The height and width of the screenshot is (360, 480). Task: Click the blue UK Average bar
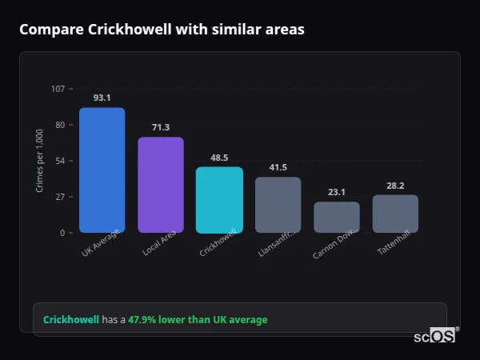102,170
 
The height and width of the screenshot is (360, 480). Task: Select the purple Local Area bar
161,185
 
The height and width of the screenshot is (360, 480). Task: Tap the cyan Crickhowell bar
219,199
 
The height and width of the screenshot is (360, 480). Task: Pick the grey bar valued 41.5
278,205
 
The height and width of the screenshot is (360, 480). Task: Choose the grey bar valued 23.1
337,217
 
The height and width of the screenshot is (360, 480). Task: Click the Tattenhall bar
395,214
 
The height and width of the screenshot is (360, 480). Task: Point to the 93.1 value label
102,98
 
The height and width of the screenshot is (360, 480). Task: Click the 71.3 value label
161,127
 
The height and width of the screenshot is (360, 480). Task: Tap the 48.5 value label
219,158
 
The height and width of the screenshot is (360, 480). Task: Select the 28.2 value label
395,185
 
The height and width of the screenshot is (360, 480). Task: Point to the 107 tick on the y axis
58,88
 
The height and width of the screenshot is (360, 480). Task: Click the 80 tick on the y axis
59,125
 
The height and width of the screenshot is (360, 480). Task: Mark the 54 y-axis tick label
59,161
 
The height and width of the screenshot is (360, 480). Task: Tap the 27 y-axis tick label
59,197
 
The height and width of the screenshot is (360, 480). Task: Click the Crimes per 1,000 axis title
40,160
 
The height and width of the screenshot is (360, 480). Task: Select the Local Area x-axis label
159,244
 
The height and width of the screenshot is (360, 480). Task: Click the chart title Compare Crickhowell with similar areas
162,30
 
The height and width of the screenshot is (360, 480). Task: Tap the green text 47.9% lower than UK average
198,320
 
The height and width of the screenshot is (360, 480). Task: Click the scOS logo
434,336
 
